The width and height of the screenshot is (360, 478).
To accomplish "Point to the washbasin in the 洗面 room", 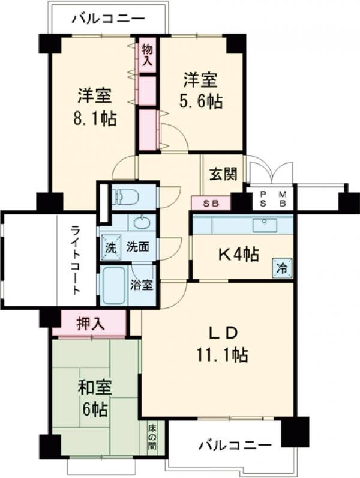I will click(140, 223).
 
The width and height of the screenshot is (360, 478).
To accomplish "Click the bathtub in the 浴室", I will click(115, 286).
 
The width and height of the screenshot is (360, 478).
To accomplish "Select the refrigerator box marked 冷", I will click(281, 267).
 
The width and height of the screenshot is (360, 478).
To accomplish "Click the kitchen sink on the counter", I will click(263, 225).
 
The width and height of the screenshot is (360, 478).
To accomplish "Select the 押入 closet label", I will click(91, 324).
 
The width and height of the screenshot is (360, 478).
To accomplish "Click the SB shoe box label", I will click(211, 204).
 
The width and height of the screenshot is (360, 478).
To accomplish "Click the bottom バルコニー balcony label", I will click(235, 446).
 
